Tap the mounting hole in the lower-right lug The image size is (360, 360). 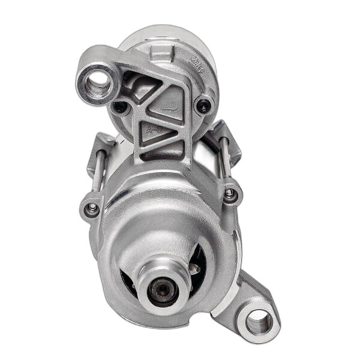click(x=259, y=322)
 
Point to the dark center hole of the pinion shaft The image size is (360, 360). click(x=161, y=290)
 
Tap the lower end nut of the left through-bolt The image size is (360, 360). click(x=92, y=208)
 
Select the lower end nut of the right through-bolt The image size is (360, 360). click(x=230, y=193)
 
